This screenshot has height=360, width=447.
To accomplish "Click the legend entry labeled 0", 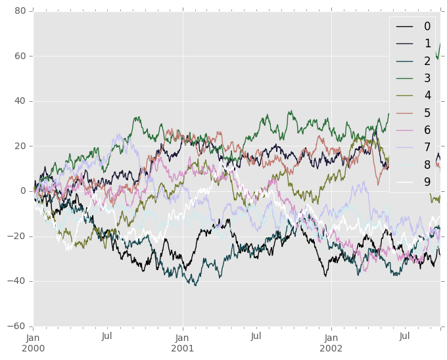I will (x=427, y=26).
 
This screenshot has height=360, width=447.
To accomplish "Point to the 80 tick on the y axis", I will (x=20, y=11).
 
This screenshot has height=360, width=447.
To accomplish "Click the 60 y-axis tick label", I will (x=20, y=56).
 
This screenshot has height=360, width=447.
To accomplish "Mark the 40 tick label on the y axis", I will (x=20, y=101).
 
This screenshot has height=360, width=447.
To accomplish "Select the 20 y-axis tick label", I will (x=20, y=146).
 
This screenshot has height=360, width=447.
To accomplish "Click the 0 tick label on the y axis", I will (x=23, y=191).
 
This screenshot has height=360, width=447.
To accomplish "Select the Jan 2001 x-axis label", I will (x=183, y=342).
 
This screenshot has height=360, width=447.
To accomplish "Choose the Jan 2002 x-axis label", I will (x=331, y=342).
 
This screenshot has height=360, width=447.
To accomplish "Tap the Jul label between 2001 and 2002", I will (x=256, y=336).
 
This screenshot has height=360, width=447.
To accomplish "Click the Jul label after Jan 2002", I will (x=405, y=336).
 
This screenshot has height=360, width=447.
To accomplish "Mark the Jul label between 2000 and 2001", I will (x=107, y=336).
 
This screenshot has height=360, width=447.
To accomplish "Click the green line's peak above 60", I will (x=440, y=44).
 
